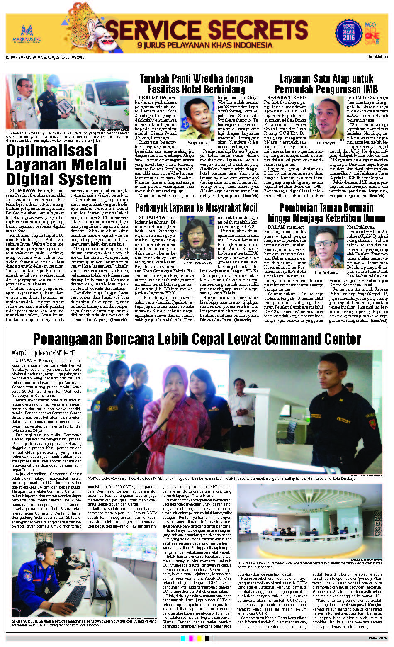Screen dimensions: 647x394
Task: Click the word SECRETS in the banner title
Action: click(252, 29)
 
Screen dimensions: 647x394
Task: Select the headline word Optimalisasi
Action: click(51, 150)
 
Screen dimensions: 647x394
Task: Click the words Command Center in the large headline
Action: click(313, 338)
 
